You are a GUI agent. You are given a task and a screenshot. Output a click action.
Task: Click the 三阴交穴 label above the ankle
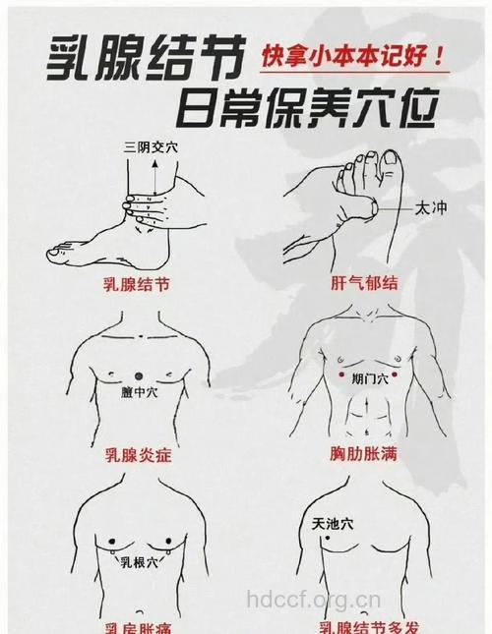coord(151,147)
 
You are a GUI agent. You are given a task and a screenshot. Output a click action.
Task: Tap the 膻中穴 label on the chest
coord(138,392)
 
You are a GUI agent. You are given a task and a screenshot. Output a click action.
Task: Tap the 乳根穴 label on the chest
coord(137,562)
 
